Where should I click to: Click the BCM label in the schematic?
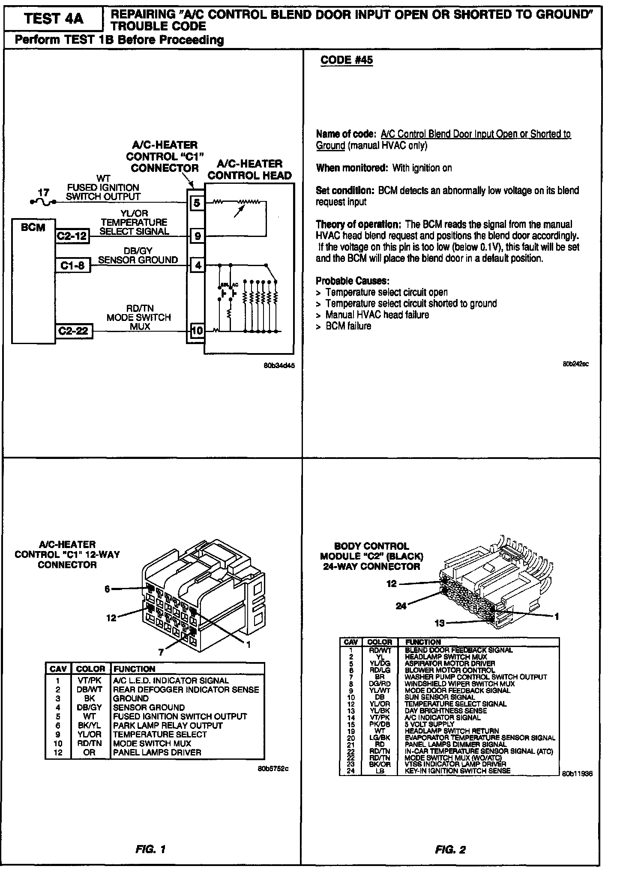pos(33,227)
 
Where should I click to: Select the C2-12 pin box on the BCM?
pos(72,236)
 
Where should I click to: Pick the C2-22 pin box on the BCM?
pos(72,330)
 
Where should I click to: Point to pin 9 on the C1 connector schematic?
pos(198,236)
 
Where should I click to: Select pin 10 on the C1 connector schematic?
pos(197,330)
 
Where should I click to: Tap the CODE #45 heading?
pos(346,60)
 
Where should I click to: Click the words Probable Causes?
pos(352,281)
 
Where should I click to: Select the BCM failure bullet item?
pos(348,326)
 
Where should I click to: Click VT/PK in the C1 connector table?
pos(90,680)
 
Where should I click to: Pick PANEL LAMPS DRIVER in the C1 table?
pos(157,752)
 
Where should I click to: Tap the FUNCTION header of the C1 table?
pos(134,669)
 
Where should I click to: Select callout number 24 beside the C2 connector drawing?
pos(401,606)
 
